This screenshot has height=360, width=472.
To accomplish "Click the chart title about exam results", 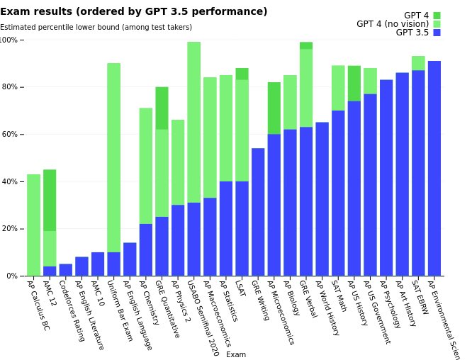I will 134,12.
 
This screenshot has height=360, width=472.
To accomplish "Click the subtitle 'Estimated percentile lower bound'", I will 96,27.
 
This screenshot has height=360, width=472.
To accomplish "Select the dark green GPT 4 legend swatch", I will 437,16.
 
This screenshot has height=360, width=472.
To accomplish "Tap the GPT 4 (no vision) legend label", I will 392,24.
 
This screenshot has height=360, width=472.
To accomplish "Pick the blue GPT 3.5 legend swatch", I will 437,33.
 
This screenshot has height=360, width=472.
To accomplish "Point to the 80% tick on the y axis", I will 11,87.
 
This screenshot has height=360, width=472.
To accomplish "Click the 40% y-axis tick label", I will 11,181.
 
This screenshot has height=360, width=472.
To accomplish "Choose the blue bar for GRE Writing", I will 258,212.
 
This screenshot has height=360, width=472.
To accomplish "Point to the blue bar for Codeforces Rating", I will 65,270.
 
